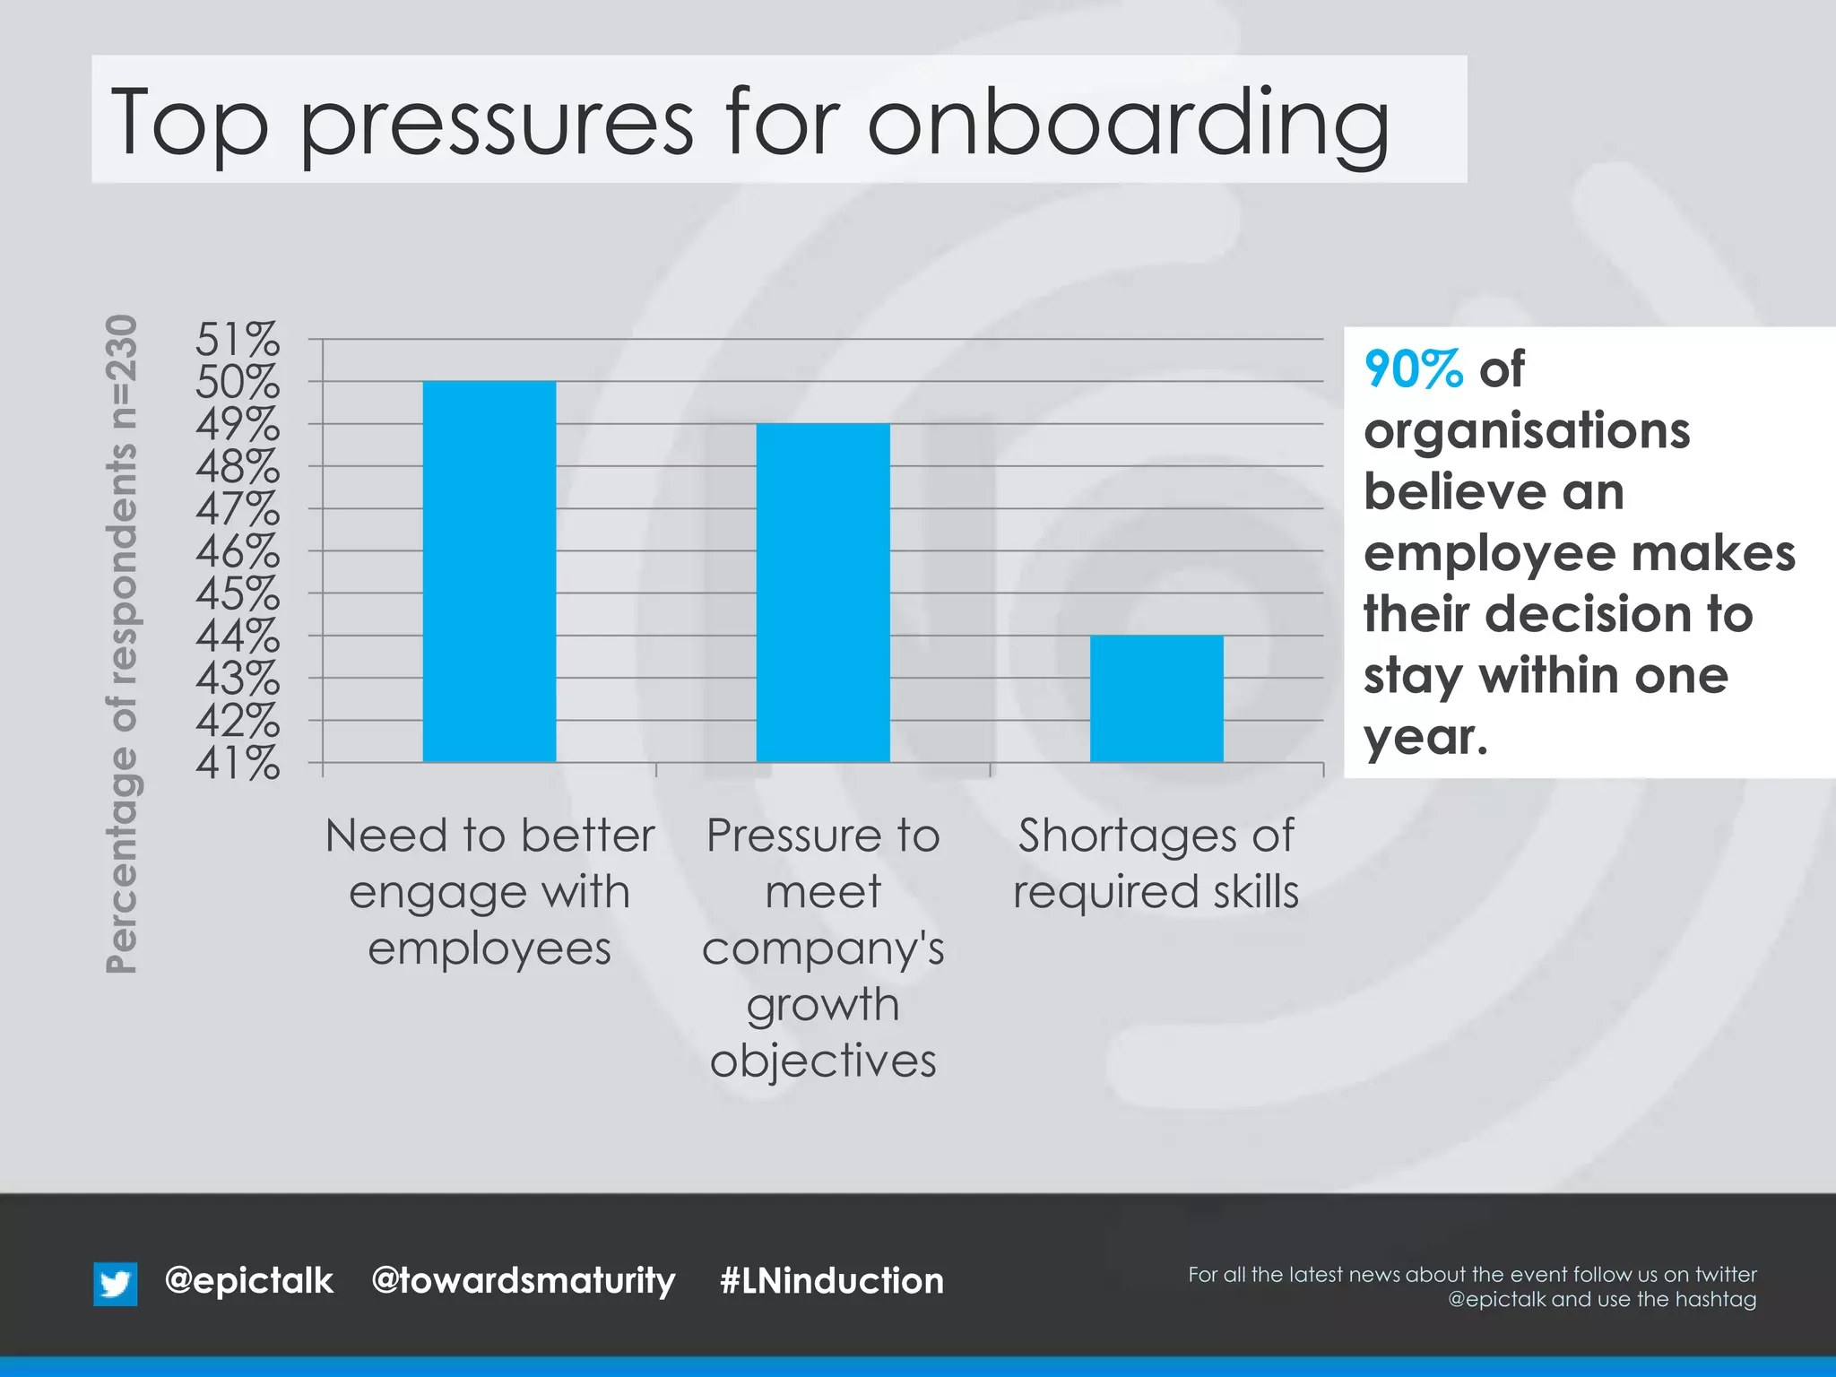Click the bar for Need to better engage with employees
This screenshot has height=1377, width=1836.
tap(489, 572)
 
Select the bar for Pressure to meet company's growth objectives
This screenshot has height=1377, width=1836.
tap(823, 593)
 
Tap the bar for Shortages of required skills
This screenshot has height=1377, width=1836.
tap(1156, 698)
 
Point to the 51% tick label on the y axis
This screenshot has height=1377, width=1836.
tap(238, 340)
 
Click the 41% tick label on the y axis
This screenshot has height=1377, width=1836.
tap(238, 764)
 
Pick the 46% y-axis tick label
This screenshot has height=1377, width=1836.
tap(238, 551)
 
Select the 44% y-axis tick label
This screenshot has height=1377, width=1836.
tap(238, 637)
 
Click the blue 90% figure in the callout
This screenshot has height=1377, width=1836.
tap(1413, 369)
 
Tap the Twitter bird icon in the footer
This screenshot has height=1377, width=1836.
tap(116, 1283)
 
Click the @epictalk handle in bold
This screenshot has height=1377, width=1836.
tap(248, 1280)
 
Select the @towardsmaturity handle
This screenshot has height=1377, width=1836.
tap(523, 1281)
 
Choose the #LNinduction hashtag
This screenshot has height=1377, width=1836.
tap(831, 1280)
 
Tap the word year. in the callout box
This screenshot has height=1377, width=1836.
tap(1425, 739)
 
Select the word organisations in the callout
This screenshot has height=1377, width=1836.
tap(1526, 431)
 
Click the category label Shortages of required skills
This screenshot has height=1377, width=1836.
tap(1156, 862)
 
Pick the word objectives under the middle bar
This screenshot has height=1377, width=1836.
tap(823, 1061)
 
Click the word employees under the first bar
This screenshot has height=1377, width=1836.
tap(489, 948)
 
